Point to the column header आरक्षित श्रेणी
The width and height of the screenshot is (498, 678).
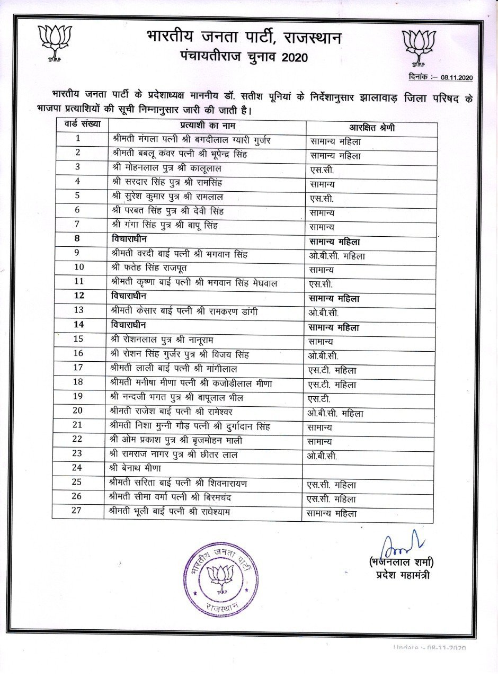click(371, 128)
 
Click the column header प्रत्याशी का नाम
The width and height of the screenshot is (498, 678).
click(207, 126)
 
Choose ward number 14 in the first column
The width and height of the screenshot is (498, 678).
click(78, 324)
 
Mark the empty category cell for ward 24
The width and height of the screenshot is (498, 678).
click(368, 469)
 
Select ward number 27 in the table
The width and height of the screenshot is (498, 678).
click(78, 511)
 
